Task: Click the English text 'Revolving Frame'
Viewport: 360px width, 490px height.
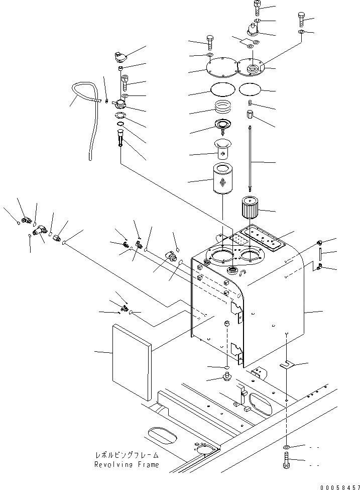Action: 126,465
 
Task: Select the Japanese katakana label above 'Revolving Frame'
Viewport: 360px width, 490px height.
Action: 127,455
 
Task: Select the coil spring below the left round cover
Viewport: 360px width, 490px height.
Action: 222,108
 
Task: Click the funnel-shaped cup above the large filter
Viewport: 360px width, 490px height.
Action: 221,150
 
